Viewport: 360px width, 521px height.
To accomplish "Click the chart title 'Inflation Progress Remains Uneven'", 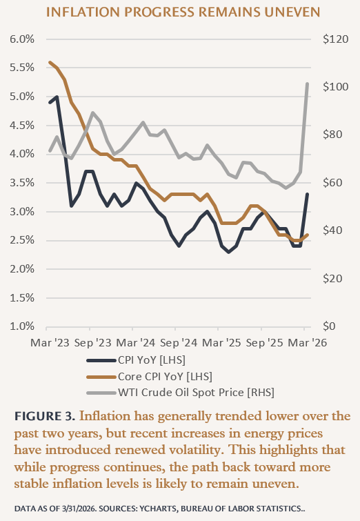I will click(x=180, y=12).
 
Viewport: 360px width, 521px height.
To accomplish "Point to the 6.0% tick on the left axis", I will click(x=22, y=39).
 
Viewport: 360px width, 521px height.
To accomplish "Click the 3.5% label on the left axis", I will click(x=22, y=183).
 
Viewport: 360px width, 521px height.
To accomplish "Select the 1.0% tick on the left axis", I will click(x=22, y=326).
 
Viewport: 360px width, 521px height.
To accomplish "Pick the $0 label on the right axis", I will click(x=330, y=326).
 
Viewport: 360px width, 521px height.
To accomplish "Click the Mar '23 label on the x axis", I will click(x=50, y=342).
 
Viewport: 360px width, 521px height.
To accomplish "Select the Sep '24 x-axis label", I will click(x=179, y=342).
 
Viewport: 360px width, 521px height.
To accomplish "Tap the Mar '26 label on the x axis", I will click(x=307, y=342).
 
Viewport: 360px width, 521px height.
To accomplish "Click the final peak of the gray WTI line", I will click(x=307, y=83).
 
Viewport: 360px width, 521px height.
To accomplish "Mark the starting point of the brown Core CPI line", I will click(x=50, y=62).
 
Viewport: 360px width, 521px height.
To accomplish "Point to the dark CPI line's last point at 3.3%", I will click(x=307, y=194).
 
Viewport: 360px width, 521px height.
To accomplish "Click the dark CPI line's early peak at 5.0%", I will click(x=57, y=97).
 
